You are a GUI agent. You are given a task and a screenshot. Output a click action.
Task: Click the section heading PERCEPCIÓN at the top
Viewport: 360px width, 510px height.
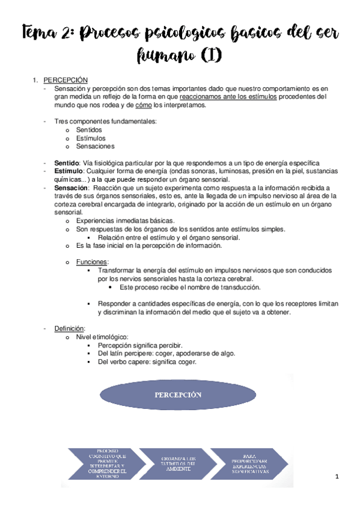[66, 80]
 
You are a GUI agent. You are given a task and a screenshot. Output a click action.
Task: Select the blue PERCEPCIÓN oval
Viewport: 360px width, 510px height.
[177, 396]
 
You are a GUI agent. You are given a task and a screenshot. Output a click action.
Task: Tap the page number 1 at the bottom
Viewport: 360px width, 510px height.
[338, 477]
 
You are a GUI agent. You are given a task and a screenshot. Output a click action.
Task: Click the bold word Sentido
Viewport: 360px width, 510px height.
[66, 163]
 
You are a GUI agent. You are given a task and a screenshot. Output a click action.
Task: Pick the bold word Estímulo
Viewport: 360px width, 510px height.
[68, 171]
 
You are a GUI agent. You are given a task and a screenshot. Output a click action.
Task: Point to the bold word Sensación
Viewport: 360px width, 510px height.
[71, 188]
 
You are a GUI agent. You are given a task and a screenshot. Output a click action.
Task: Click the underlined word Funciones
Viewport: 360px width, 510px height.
[92, 262]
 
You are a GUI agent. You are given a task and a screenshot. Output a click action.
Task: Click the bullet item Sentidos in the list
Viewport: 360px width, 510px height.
[88, 129]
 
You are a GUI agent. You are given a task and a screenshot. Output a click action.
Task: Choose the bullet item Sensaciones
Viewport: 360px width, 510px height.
[94, 146]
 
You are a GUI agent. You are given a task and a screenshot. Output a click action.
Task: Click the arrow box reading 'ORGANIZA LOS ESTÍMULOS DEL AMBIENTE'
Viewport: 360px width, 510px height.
[178, 464]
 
